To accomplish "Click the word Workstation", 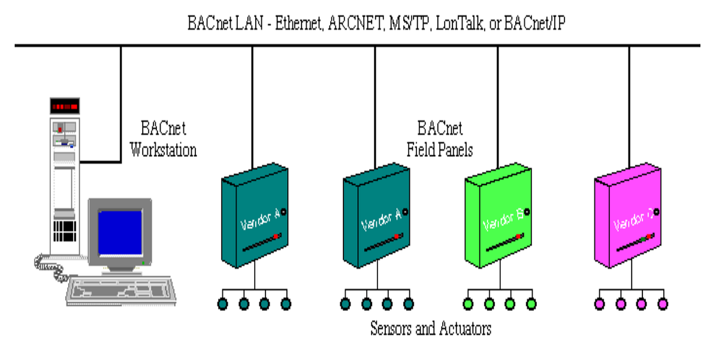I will [x=163, y=149].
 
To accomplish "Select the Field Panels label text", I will [x=440, y=149].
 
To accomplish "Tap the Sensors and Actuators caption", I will [x=430, y=328].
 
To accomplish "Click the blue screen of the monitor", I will [x=120, y=230].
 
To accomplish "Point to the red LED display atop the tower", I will [x=64, y=107].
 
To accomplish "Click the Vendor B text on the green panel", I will [x=503, y=220].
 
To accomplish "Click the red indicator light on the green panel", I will [x=518, y=237].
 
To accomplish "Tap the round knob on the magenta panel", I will [x=657, y=211].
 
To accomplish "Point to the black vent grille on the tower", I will [x=64, y=228].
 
